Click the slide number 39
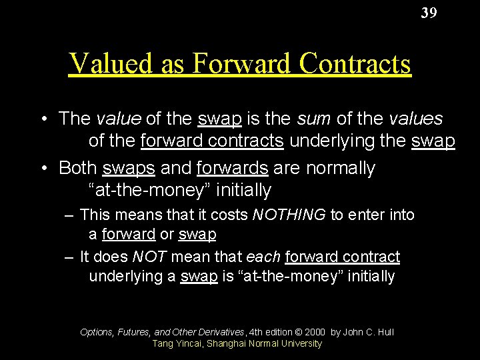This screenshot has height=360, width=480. point(429,13)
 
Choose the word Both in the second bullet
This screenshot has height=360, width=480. point(77,167)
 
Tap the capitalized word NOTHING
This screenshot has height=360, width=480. point(289,215)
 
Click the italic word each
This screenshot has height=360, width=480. point(263,257)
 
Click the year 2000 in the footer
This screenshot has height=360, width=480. point(314,331)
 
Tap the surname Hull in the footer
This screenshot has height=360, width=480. point(385,331)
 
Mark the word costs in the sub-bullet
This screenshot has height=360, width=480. point(229,215)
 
